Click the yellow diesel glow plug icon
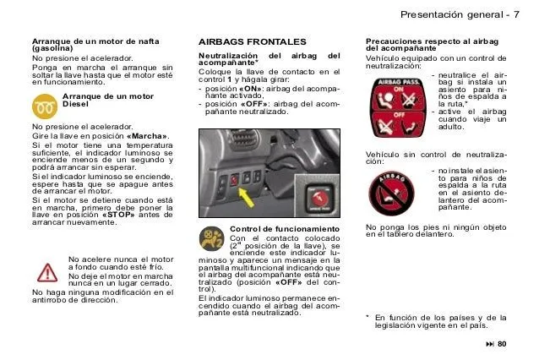click(x=44, y=106)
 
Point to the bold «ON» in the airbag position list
click(x=251, y=90)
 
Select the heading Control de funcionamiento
click(x=284, y=229)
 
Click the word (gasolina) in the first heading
click(x=52, y=49)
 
